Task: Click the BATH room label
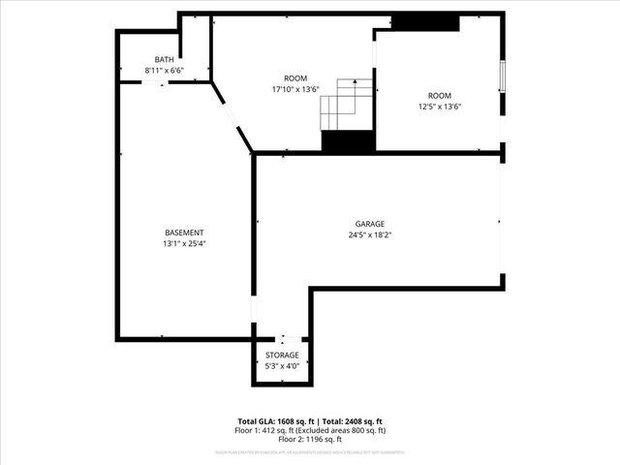165,60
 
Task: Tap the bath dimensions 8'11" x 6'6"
165,71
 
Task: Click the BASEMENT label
184,232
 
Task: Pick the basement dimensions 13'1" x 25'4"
184,243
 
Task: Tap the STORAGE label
282,356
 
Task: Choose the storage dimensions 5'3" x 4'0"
282,366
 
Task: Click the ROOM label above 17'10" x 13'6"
294,78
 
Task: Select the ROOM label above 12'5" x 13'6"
440,95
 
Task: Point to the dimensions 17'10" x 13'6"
294,89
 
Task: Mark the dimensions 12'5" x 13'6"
440,107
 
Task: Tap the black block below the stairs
348,141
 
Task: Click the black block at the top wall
425,22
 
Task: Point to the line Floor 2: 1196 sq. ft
312,439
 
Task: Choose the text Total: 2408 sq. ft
353,421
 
